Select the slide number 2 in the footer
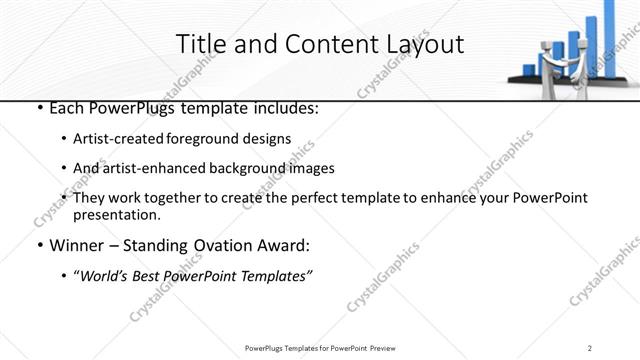click(x=591, y=347)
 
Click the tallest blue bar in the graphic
click(x=610, y=35)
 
